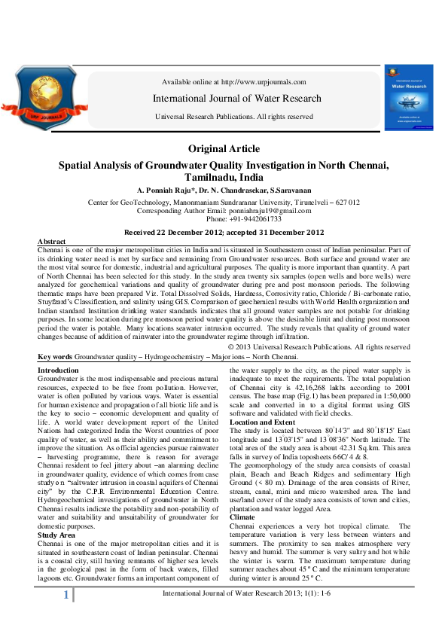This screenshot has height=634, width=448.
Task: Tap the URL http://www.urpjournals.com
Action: (x=263, y=82)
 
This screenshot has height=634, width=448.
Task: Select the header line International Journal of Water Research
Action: (x=236, y=99)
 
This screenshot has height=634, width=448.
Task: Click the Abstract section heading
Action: (x=50, y=240)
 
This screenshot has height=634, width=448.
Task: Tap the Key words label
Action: (x=54, y=356)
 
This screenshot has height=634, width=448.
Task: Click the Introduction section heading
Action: (x=58, y=370)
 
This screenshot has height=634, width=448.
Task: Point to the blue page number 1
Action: (x=66, y=616)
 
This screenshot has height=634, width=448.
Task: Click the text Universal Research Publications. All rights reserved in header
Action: (x=233, y=117)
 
